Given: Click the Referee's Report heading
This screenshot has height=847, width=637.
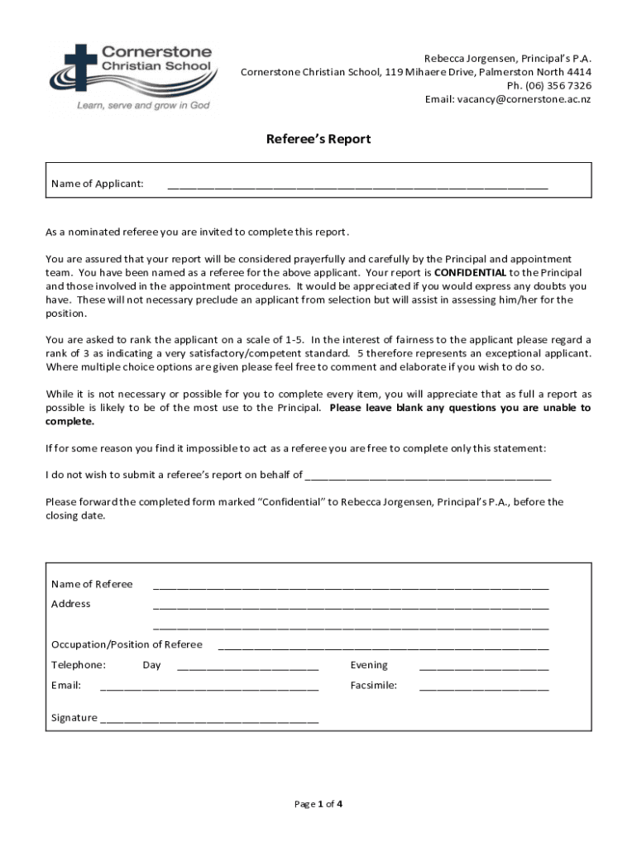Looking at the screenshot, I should click(x=318, y=139).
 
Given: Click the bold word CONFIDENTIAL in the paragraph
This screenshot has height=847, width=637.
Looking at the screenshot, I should click(x=470, y=273).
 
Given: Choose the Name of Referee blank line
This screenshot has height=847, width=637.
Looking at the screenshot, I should click(x=351, y=585).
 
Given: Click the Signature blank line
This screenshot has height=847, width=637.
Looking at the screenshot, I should click(x=209, y=719).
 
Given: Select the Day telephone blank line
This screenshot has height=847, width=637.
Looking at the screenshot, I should click(x=247, y=666).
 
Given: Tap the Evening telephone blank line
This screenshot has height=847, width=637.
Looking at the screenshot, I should click(x=483, y=666).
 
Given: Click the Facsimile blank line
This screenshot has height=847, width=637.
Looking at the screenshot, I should click(x=483, y=686).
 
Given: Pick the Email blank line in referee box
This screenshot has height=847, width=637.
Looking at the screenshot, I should click(x=209, y=687).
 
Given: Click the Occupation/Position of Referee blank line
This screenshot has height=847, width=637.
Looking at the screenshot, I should click(x=383, y=645).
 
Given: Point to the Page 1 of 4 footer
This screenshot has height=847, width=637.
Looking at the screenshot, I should click(x=318, y=803).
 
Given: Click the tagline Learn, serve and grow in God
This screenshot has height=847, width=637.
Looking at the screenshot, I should click(x=143, y=106).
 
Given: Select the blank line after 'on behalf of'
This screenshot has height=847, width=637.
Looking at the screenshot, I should click(x=428, y=476).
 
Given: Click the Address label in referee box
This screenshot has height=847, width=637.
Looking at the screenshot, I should click(x=71, y=604).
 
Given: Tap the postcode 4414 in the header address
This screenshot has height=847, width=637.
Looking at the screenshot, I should click(x=577, y=72).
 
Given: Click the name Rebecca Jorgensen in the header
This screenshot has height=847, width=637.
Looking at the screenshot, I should click(x=464, y=59).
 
